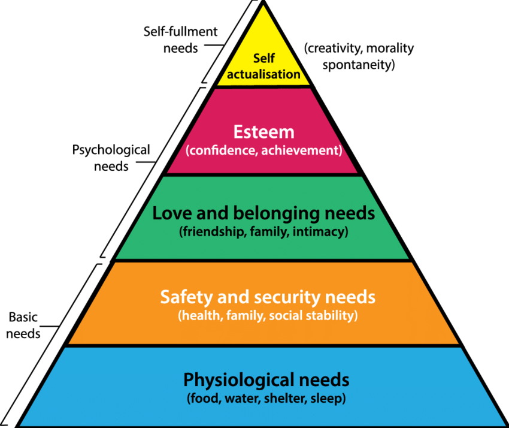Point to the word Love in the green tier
(x=169, y=213)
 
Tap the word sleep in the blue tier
(x=328, y=397)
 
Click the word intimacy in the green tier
(x=320, y=231)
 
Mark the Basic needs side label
(x=24, y=325)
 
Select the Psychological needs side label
(x=111, y=158)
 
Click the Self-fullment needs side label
(x=181, y=39)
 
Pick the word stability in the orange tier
(x=333, y=315)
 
